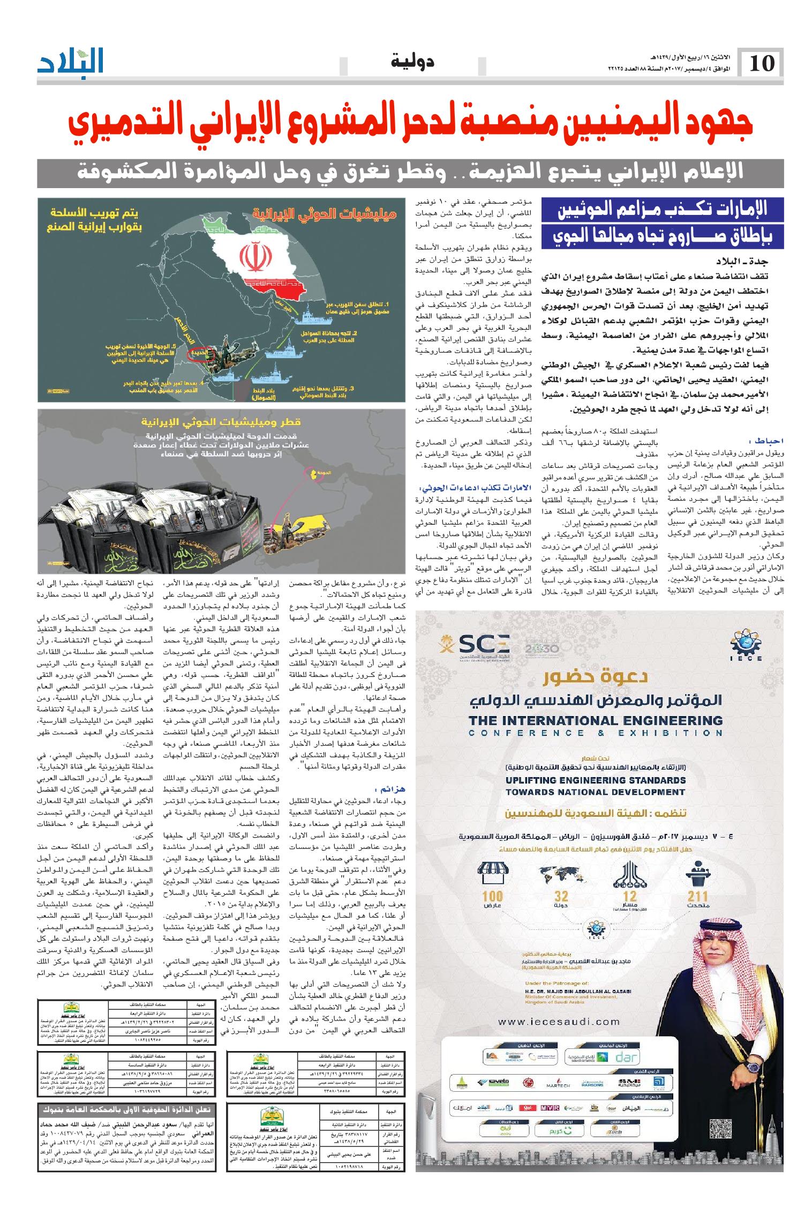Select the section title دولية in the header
(413, 62)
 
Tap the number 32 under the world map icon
(561, 896)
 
